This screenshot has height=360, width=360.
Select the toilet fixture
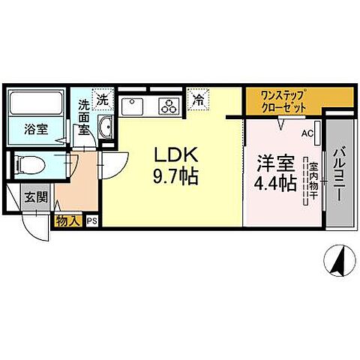[x=34, y=163]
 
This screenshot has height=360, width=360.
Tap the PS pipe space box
[x=92, y=221]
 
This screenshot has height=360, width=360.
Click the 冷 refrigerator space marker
[x=198, y=98]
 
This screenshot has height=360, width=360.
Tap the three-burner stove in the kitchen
[x=168, y=106]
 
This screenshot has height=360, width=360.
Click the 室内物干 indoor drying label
[x=307, y=180]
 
